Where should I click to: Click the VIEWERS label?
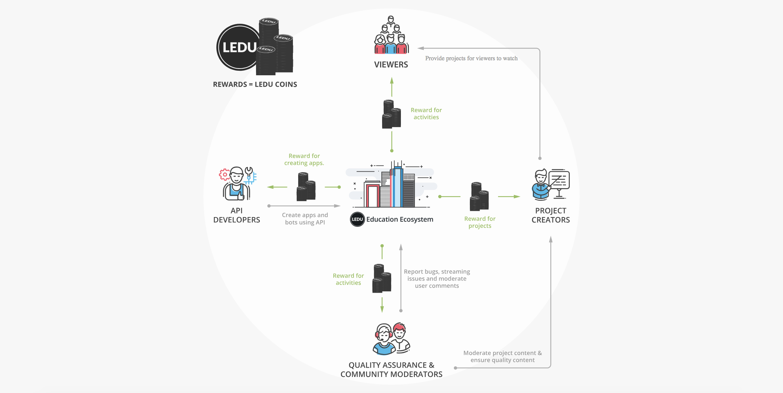tap(391, 64)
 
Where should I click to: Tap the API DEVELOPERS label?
tap(237, 215)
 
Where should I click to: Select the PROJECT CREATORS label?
tap(550, 215)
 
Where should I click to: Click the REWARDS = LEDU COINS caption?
tap(255, 84)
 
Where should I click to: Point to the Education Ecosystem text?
tap(400, 219)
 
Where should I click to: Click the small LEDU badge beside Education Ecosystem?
tap(357, 219)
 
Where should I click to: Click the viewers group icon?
tap(391, 36)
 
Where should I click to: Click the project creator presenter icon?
tap(550, 184)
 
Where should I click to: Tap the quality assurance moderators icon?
tap(391, 339)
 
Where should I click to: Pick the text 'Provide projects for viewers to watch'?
tap(471, 58)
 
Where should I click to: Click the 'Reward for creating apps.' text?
tap(304, 160)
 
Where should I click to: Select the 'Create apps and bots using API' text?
tap(305, 219)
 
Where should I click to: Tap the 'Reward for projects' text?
tap(480, 222)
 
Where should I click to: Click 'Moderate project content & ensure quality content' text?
tap(502, 356)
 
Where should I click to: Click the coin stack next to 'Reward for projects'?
tap(479, 197)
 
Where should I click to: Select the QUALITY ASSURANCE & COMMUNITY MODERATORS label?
tap(391, 370)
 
